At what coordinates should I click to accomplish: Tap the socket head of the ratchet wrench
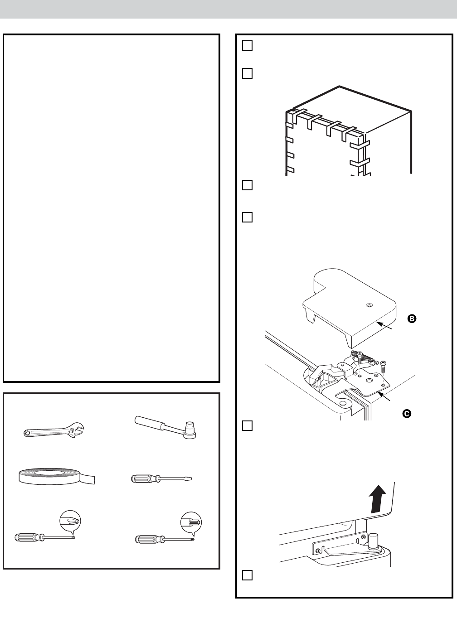190,428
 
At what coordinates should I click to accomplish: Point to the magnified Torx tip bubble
191,522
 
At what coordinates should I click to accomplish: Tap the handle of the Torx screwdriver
148,539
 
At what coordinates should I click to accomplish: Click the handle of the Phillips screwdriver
28,537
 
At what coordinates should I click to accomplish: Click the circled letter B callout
411,319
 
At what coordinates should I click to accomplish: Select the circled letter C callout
407,413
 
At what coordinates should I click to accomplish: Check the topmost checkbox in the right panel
247,46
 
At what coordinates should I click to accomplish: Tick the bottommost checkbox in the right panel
247,575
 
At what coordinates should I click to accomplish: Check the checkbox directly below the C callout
247,425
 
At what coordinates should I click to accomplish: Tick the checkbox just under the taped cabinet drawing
247,185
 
